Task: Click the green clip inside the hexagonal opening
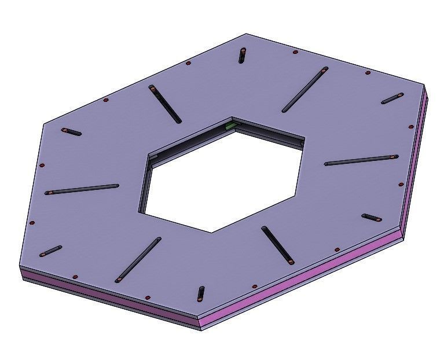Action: point(230,125)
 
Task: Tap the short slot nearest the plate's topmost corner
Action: point(242,56)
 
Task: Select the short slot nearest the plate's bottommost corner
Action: point(201,293)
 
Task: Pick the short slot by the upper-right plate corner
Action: point(392,98)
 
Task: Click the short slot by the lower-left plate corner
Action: point(50,251)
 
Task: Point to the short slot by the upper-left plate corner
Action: point(72,132)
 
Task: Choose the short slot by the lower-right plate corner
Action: point(371,218)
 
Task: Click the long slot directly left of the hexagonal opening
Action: point(82,189)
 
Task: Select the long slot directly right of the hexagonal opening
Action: point(362,160)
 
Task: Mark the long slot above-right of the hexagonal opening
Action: point(305,90)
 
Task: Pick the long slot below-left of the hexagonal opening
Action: point(138,259)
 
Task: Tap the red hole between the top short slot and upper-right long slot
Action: point(295,52)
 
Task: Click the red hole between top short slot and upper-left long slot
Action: point(188,63)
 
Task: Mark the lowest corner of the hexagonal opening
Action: point(211,232)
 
